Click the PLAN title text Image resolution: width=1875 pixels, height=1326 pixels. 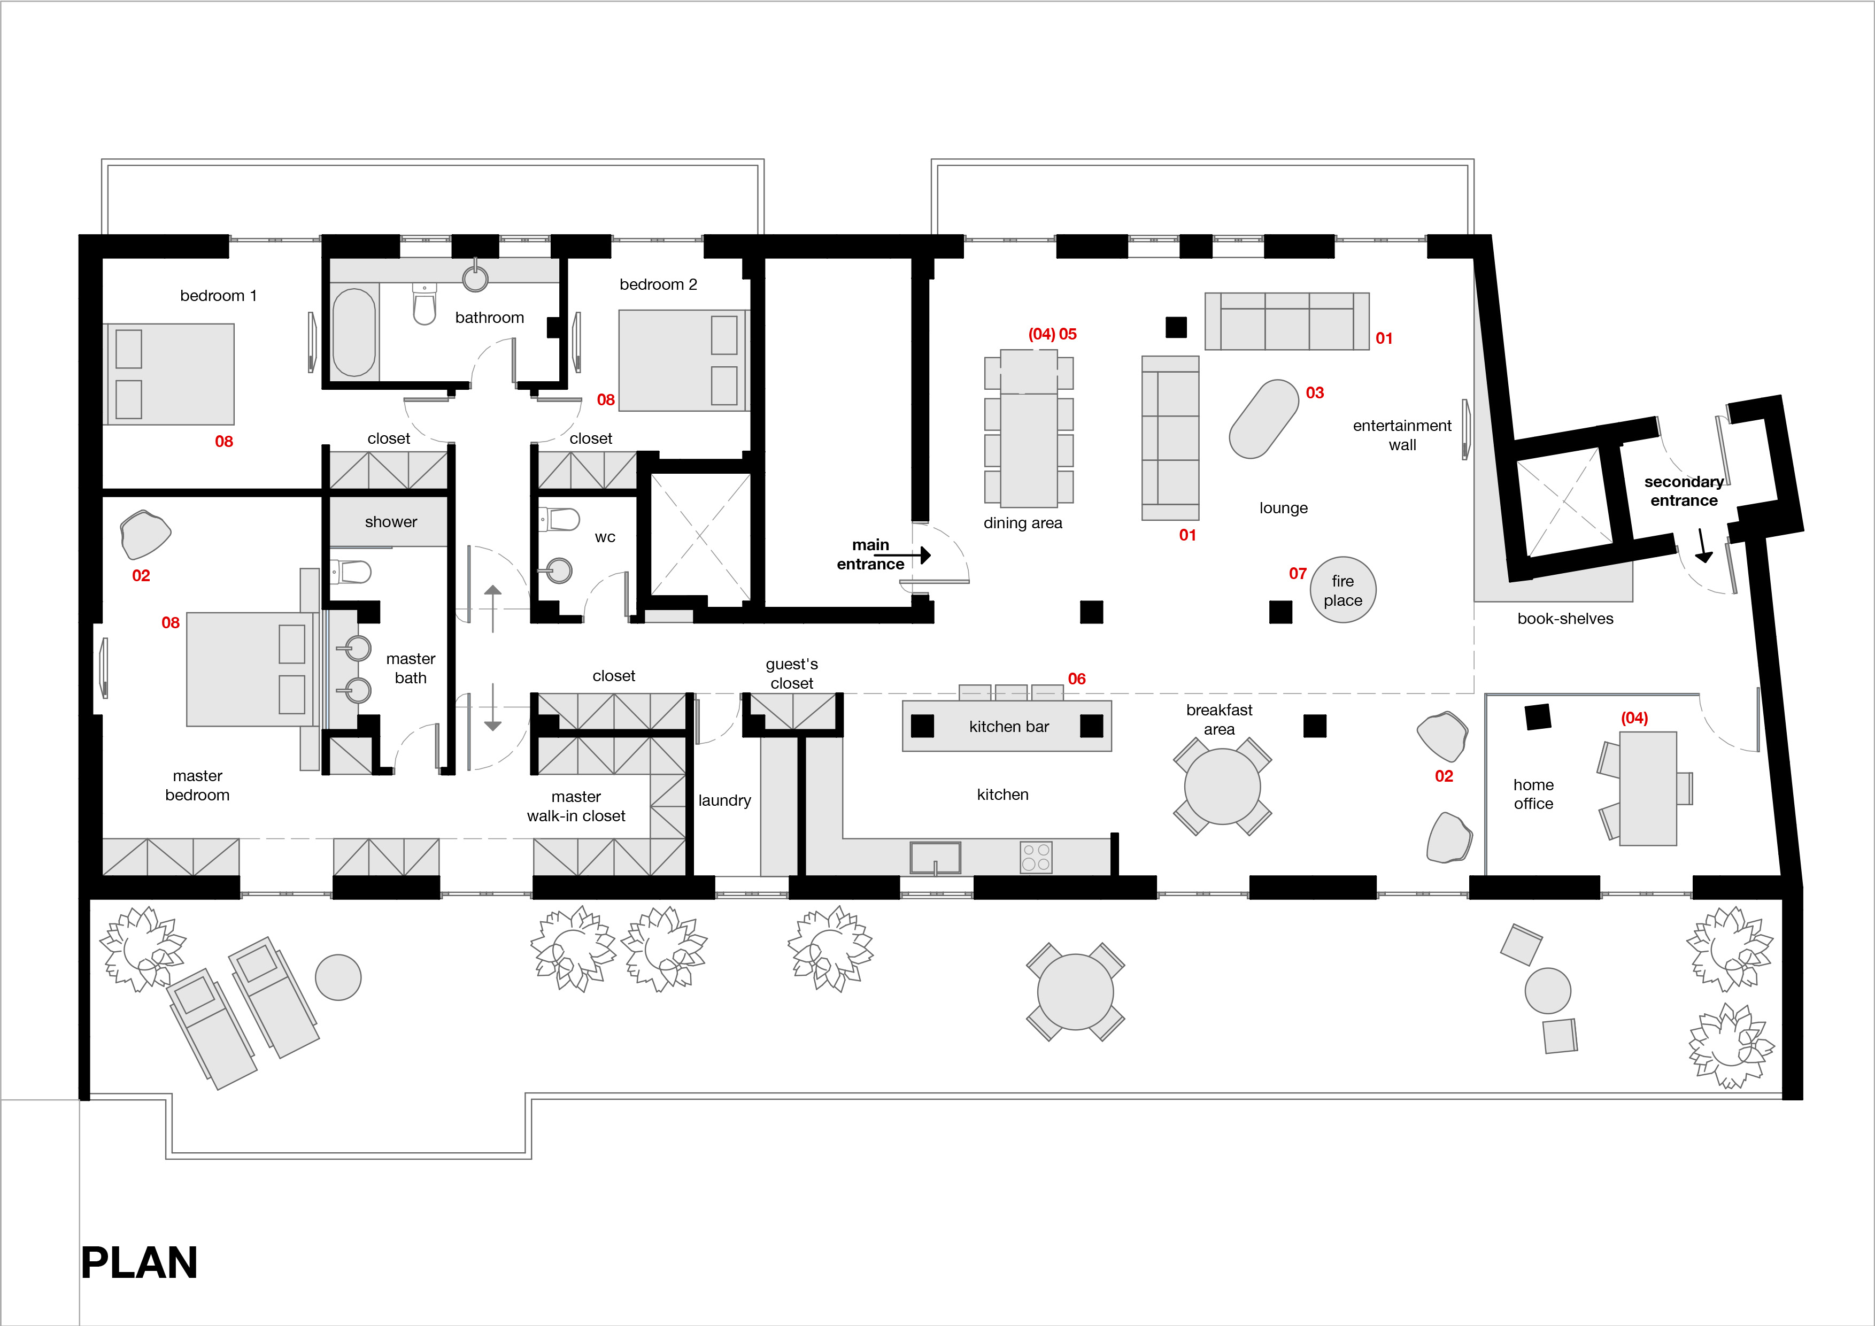[140, 1262]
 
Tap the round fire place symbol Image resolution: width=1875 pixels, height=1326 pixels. [1342, 590]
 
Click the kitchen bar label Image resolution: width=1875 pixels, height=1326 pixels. [1008, 727]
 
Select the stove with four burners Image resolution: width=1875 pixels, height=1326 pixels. [1036, 857]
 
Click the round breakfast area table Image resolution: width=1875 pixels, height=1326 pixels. [1223, 787]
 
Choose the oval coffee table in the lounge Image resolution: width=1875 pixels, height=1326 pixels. [1263, 419]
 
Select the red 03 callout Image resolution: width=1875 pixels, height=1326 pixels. [1315, 393]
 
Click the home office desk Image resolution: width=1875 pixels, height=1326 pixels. [1648, 788]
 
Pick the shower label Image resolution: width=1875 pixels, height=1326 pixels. [391, 522]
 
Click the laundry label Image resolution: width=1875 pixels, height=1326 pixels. [724, 801]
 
